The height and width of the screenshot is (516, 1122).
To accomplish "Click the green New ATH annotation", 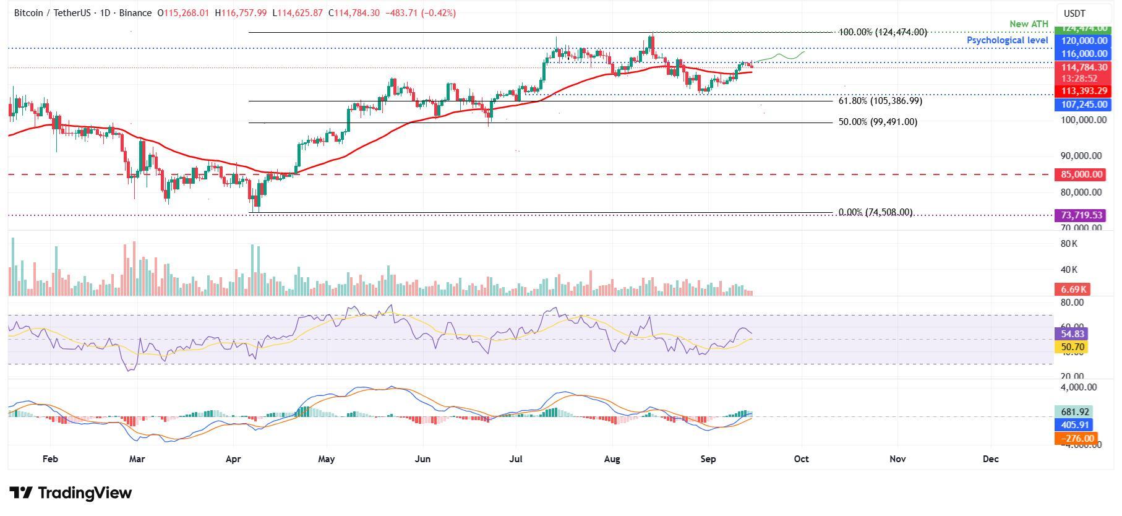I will click(x=1029, y=24).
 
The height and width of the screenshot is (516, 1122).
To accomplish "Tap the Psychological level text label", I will click(x=1007, y=40).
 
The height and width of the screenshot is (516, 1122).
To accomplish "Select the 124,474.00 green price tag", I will click(x=1084, y=28).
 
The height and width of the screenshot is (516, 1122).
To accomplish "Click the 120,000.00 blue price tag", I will click(x=1084, y=41).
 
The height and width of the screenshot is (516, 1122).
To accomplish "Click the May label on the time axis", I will click(x=327, y=459).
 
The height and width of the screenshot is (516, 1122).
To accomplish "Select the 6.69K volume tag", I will click(x=1072, y=289).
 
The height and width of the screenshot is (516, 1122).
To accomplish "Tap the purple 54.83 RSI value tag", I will click(x=1069, y=333).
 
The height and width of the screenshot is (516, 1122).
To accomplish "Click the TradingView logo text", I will click(x=71, y=493).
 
